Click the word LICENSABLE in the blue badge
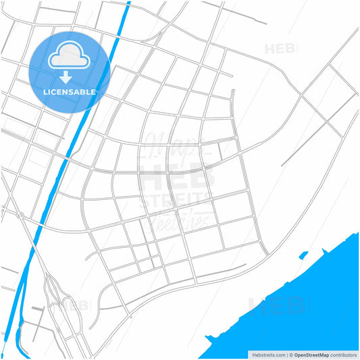tap(70, 91)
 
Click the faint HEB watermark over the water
tap(277, 307)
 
